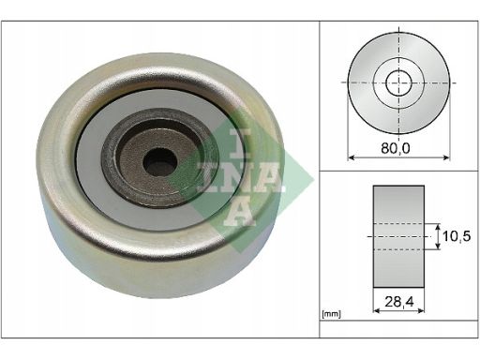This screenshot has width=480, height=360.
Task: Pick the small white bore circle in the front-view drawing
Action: tap(398, 82)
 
